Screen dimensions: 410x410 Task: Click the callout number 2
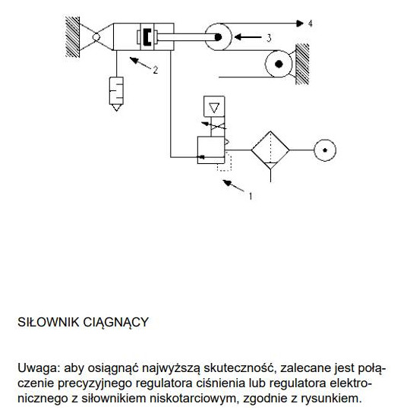155,71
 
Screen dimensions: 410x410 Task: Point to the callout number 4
310,24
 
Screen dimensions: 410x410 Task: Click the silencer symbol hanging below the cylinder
118,93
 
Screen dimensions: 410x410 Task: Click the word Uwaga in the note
34,368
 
